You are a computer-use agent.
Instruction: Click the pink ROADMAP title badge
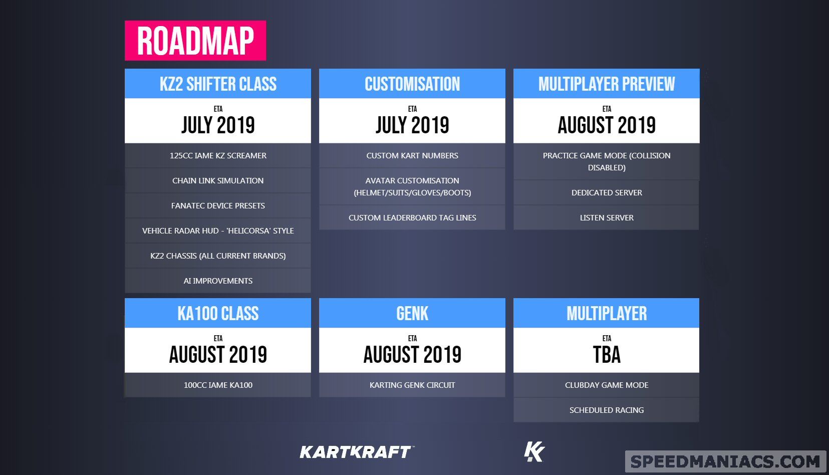(x=195, y=41)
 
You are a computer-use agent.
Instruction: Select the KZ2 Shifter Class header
(x=217, y=83)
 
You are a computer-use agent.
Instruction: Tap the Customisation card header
(x=412, y=83)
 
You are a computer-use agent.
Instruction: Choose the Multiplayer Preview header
(x=606, y=83)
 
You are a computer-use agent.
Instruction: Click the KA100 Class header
(x=217, y=313)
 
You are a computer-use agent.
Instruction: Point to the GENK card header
(x=412, y=313)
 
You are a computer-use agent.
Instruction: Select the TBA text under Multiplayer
(x=607, y=354)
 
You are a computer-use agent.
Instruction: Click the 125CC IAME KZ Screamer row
(x=217, y=155)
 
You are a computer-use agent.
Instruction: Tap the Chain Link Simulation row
(x=217, y=181)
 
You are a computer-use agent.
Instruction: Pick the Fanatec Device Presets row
(x=217, y=205)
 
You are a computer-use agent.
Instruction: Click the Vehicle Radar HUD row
(x=217, y=230)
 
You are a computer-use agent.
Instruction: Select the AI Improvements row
(x=217, y=281)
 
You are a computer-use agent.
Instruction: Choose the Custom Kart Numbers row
(x=412, y=155)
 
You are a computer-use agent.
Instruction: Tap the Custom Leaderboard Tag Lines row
(x=412, y=217)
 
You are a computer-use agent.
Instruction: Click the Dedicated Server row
(x=606, y=192)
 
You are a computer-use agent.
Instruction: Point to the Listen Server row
(x=606, y=217)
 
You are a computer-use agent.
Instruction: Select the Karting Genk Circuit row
(x=412, y=385)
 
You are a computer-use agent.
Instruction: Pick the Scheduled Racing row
(x=606, y=410)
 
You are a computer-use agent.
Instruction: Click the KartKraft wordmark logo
(x=357, y=452)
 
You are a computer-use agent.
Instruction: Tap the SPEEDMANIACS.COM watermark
(x=725, y=461)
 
